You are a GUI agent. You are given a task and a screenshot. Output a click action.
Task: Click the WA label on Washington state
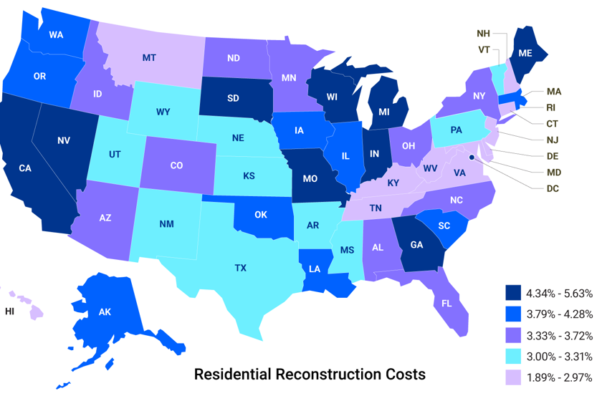coord(56,34)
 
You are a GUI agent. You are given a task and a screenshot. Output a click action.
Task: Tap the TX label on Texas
coord(240,268)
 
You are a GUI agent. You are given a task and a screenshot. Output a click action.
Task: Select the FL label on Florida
coord(446,303)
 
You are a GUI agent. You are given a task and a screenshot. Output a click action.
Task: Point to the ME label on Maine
coord(525,53)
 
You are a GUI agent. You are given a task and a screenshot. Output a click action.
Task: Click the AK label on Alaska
coord(105,312)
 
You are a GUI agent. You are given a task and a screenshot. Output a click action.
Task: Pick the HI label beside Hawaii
coord(9,311)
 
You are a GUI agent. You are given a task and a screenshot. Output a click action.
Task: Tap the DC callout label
coord(553,189)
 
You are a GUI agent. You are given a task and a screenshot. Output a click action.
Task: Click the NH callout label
coord(484,34)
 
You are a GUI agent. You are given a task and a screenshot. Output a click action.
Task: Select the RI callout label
coord(551,107)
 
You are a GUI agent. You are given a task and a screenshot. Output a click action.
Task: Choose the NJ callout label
coord(553,140)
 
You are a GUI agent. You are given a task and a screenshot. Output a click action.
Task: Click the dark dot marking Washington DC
coord(472,157)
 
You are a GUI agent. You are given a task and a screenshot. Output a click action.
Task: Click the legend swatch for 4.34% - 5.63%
coord(512,293)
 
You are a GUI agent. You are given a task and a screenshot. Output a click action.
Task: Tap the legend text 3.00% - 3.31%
coord(560,357)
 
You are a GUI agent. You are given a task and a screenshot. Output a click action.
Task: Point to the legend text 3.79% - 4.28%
coord(560,314)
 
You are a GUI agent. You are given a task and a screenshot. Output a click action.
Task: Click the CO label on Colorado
coord(176,165)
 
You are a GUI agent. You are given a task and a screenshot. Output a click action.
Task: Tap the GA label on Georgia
coord(416,243)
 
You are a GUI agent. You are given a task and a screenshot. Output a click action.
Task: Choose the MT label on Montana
coord(149,57)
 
